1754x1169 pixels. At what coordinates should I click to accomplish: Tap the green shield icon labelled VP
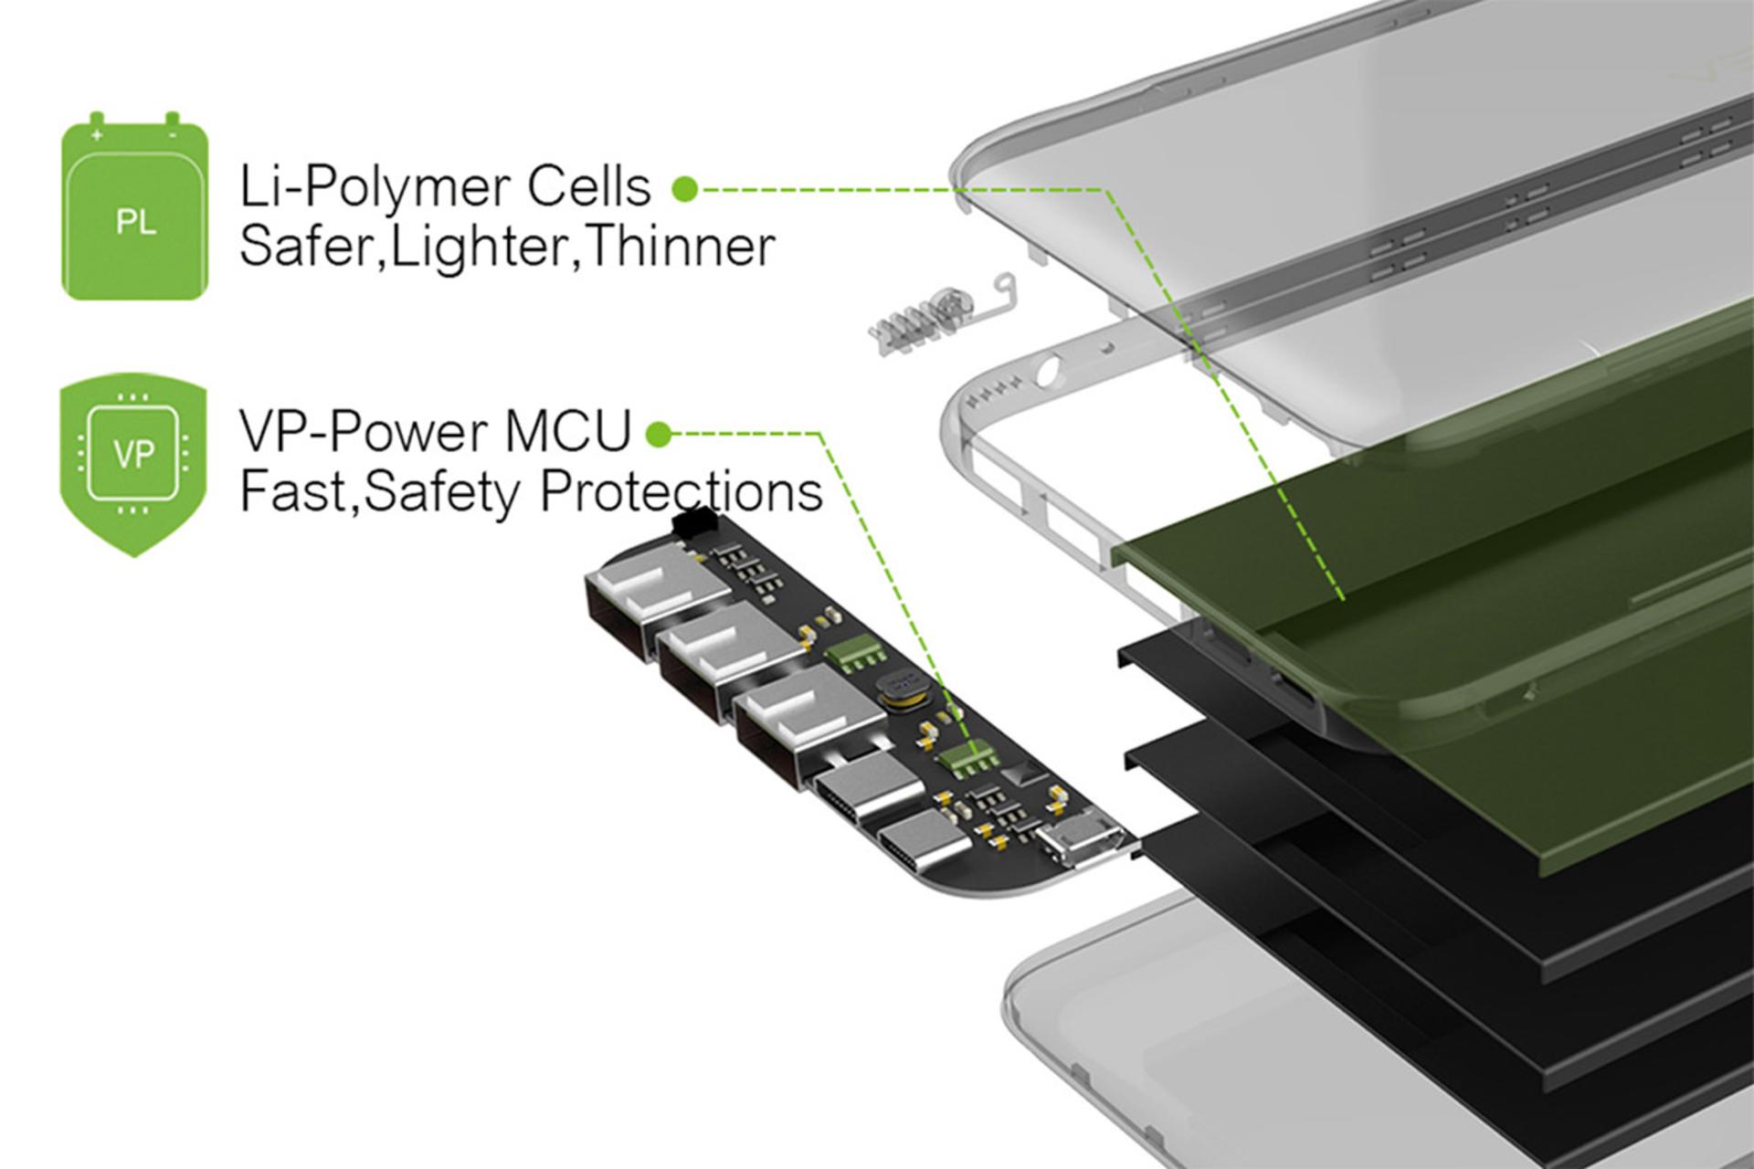tap(134, 469)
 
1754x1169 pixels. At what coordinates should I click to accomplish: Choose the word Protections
tap(682, 490)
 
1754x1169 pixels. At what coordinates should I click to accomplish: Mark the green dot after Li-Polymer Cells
tap(684, 189)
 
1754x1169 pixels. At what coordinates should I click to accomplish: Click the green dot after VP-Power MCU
tap(658, 436)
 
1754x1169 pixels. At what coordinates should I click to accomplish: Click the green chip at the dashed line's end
tap(968, 756)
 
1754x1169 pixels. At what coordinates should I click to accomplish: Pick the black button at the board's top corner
tap(701, 526)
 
